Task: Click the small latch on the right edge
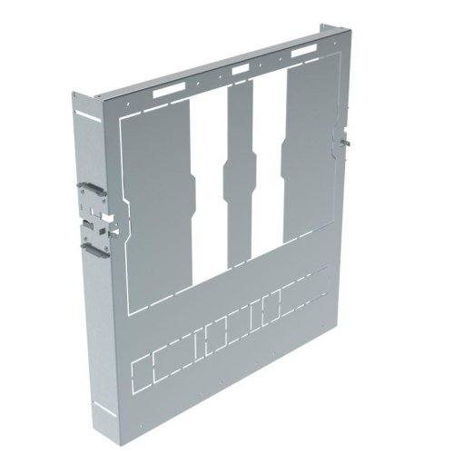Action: [x=343, y=136]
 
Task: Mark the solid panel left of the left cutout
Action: [x=154, y=209]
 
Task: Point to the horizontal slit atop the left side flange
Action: [x=88, y=115]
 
